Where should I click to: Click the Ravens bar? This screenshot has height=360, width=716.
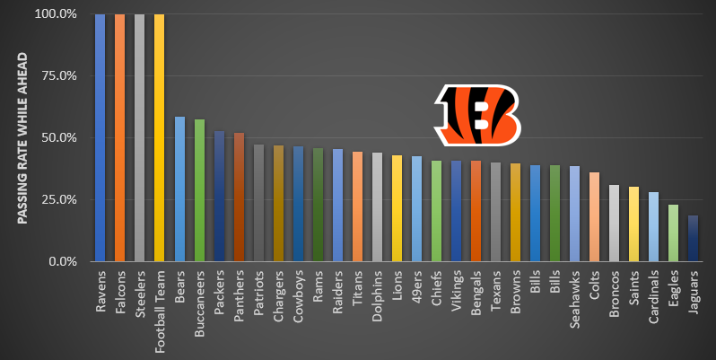100,137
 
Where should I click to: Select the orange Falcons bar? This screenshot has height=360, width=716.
119,137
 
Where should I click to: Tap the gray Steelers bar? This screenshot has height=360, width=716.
139,137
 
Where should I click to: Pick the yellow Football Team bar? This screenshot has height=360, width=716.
159,137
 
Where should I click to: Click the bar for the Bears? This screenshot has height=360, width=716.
179,189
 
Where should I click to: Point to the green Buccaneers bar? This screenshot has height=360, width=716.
199,190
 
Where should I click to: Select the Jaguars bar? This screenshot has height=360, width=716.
693,238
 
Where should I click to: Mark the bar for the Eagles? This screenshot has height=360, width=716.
673,233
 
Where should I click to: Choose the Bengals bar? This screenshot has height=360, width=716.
476,211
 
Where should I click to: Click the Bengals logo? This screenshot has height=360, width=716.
476,114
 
